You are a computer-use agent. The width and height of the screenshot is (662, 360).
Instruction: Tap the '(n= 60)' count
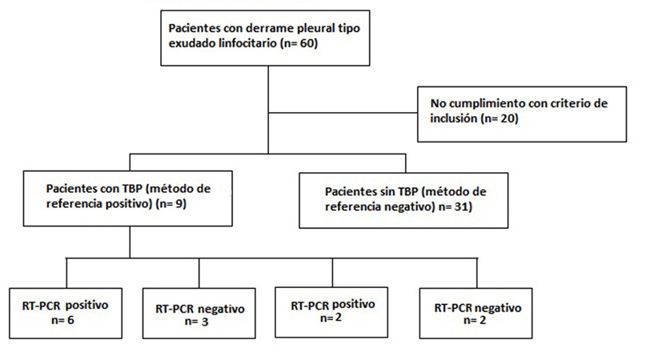coord(299,43)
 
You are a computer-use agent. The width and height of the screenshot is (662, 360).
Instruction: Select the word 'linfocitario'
coord(248,43)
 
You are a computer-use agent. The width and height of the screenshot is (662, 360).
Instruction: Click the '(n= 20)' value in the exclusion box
coord(500,118)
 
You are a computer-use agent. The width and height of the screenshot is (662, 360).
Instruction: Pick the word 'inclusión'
coord(453,118)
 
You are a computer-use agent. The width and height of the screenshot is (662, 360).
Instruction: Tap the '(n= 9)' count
coord(171,204)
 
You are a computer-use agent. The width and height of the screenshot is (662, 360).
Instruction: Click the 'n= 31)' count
coord(455,206)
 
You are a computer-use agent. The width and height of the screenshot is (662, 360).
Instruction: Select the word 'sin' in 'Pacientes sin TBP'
coord(387,192)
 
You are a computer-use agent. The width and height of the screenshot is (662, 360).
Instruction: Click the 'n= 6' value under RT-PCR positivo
coord(62,320)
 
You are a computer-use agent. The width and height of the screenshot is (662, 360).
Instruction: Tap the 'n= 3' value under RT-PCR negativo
coord(196,322)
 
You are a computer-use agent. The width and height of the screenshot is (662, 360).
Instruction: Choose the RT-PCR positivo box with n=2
coord(331,312)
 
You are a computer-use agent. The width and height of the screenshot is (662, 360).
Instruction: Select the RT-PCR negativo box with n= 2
coord(475,313)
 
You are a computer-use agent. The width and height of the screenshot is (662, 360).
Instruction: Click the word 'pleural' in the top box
coord(310,28)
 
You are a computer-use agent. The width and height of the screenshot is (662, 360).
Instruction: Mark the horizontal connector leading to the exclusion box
coord(343,113)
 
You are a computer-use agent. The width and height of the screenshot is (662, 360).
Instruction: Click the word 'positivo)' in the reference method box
coord(131,204)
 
